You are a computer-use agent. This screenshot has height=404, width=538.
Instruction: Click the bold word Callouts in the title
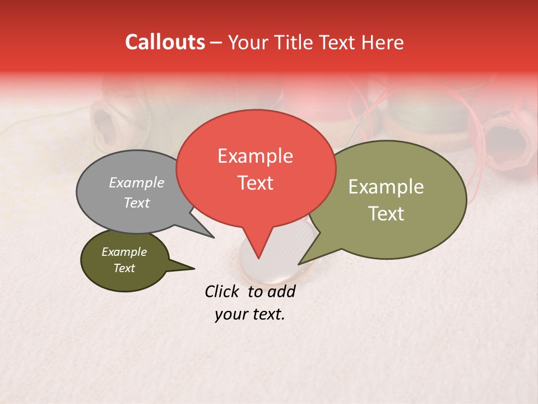pyautogui.click(x=165, y=42)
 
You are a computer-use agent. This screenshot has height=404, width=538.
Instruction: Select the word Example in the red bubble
pyautogui.click(x=255, y=156)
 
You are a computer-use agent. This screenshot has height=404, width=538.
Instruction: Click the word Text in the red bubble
pyautogui.click(x=255, y=183)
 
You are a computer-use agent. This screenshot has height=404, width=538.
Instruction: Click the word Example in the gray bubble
pyautogui.click(x=136, y=182)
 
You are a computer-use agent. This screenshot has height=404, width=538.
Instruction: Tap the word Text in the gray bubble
pyautogui.click(x=136, y=203)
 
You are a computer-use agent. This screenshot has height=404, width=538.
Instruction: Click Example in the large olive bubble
pyautogui.click(x=386, y=187)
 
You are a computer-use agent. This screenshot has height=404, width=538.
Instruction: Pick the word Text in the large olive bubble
pyautogui.click(x=386, y=214)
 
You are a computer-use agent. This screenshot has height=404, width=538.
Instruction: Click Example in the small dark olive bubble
pyautogui.click(x=124, y=252)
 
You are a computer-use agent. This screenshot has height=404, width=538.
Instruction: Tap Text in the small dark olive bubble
pyautogui.click(x=124, y=268)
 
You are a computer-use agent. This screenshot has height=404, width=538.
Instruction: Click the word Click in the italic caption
pyautogui.click(x=223, y=291)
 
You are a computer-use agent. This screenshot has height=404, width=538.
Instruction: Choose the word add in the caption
pyautogui.click(x=281, y=291)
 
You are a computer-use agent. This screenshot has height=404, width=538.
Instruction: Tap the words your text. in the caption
pyautogui.click(x=250, y=314)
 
